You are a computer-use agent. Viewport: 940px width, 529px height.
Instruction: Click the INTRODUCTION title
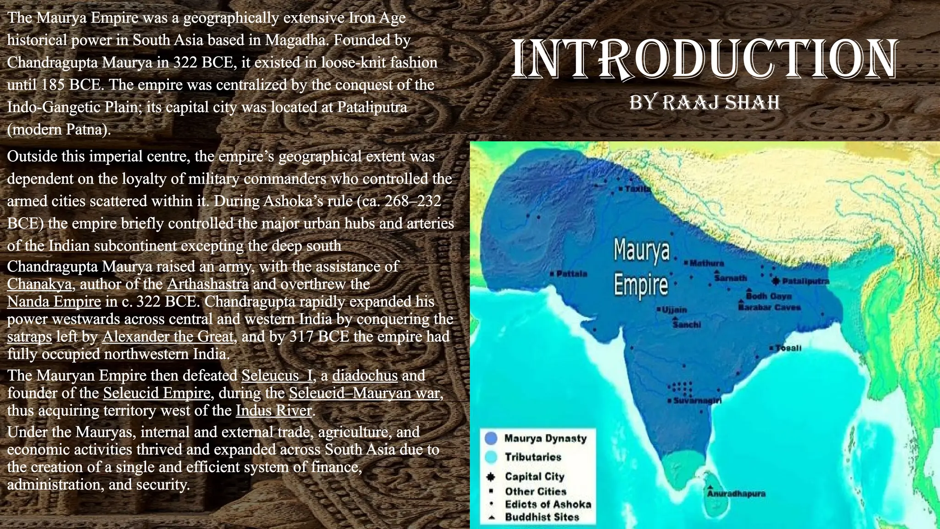click(704, 59)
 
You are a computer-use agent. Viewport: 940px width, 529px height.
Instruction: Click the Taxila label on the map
click(637, 189)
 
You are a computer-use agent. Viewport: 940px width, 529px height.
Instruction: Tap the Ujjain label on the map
click(674, 310)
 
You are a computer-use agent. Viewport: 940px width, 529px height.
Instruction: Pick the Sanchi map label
click(687, 325)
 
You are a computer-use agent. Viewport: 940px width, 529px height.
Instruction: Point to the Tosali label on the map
click(788, 348)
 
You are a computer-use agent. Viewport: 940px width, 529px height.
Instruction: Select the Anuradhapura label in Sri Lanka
click(736, 494)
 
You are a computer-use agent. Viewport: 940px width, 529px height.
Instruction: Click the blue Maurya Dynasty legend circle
click(491, 439)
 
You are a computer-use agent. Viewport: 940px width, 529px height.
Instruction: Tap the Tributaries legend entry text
click(533, 457)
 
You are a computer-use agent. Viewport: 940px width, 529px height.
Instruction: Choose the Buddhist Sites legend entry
click(542, 517)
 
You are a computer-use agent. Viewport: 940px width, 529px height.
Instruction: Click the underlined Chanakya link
click(39, 284)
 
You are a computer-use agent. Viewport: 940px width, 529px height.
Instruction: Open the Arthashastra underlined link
click(208, 284)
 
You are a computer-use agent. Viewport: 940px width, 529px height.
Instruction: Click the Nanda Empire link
click(54, 302)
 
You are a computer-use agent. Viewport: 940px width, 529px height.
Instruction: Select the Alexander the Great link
click(168, 337)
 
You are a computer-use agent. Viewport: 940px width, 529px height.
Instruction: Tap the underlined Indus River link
click(274, 411)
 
